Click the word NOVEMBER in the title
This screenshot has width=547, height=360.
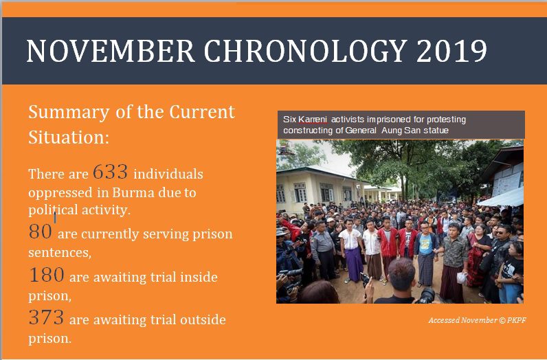click(110, 51)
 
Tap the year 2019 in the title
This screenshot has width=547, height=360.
click(451, 51)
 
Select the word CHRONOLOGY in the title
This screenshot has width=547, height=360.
click(305, 51)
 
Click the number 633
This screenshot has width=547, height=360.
click(110, 172)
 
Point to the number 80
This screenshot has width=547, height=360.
click(41, 232)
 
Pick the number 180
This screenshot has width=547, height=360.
click(47, 275)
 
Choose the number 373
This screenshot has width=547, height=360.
click(47, 317)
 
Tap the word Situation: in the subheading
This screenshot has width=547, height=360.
click(69, 137)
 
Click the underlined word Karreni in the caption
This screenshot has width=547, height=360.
click(313, 120)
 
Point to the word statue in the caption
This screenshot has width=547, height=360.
click(436, 131)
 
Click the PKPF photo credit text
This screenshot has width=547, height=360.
click(517, 320)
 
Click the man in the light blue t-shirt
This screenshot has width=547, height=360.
click(425, 253)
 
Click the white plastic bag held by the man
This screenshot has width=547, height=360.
click(462, 278)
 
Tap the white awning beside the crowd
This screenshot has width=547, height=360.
click(500, 198)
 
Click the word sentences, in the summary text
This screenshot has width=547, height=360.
click(60, 253)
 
